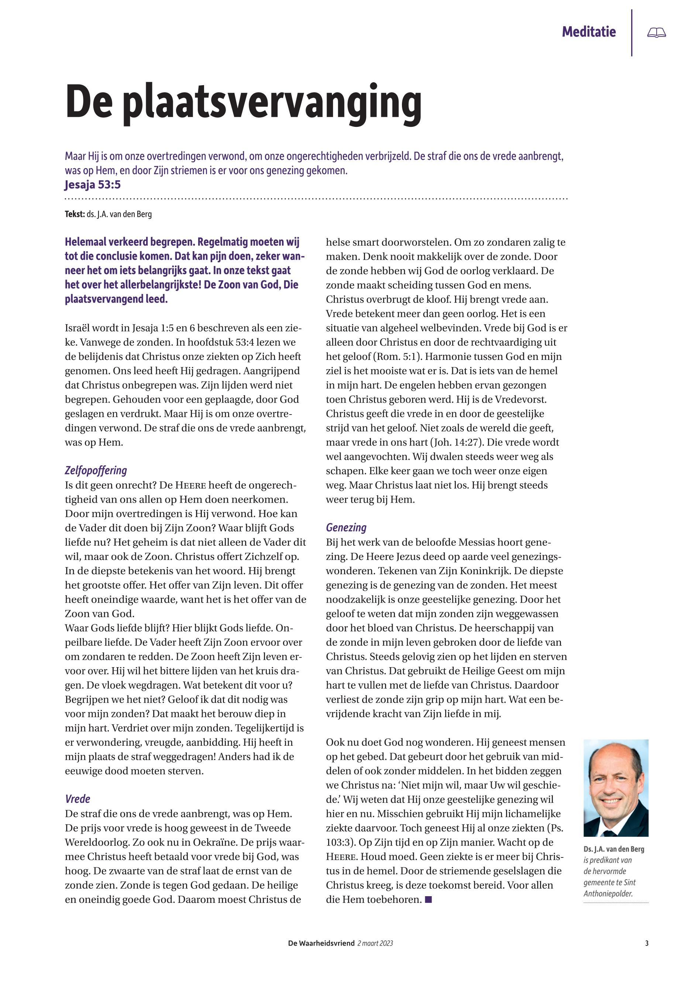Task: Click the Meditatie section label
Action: click(x=588, y=32)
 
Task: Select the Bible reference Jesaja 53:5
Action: click(x=93, y=185)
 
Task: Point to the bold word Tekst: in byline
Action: click(x=75, y=214)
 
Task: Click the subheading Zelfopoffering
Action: click(x=96, y=470)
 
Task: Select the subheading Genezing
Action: click(x=346, y=528)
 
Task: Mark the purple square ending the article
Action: click(x=429, y=899)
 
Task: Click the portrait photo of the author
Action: click(x=616, y=788)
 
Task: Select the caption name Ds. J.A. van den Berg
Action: click(x=613, y=849)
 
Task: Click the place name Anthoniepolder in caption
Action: click(x=608, y=894)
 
